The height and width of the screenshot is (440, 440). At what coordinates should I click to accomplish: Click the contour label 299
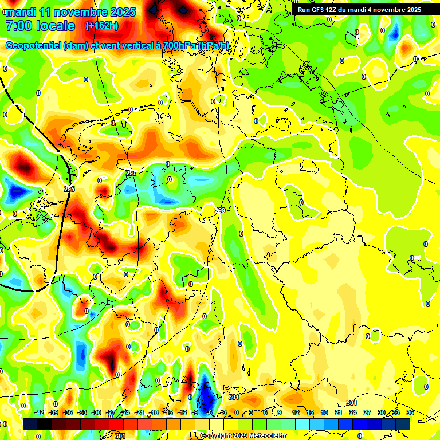click(x=221, y=211)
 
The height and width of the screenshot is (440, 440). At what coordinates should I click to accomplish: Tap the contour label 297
click(x=130, y=173)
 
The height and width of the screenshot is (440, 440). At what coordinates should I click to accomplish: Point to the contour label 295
click(x=69, y=189)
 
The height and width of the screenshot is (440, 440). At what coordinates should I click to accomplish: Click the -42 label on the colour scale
click(x=40, y=412)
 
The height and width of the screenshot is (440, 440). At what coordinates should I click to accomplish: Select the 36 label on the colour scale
click(x=410, y=412)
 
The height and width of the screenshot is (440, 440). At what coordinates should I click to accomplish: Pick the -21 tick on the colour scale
click(x=139, y=412)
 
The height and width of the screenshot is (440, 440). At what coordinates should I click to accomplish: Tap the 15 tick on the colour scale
click(x=310, y=412)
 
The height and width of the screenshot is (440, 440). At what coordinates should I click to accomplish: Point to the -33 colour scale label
click(x=82, y=412)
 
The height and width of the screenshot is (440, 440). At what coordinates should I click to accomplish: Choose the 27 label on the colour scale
click(x=367, y=412)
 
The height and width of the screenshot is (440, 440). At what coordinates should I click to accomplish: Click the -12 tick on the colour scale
click(x=182, y=412)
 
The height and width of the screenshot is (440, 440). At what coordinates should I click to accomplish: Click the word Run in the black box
click(x=302, y=10)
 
